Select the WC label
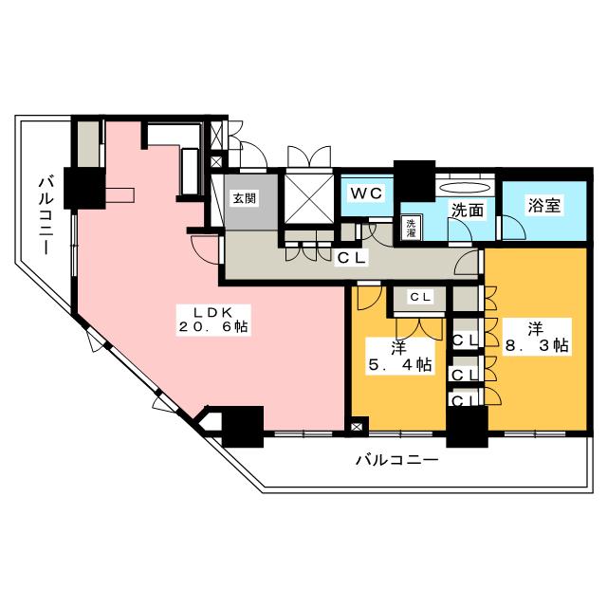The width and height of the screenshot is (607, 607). (365, 193)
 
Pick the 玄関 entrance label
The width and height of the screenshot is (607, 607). (245, 198)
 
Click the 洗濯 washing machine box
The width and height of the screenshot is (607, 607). (411, 227)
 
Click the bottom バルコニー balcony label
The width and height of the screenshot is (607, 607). (396, 462)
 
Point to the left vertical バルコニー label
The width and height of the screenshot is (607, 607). (45, 213)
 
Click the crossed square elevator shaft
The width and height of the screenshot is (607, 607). (308, 197)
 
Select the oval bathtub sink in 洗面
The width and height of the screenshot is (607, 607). (464, 187)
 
